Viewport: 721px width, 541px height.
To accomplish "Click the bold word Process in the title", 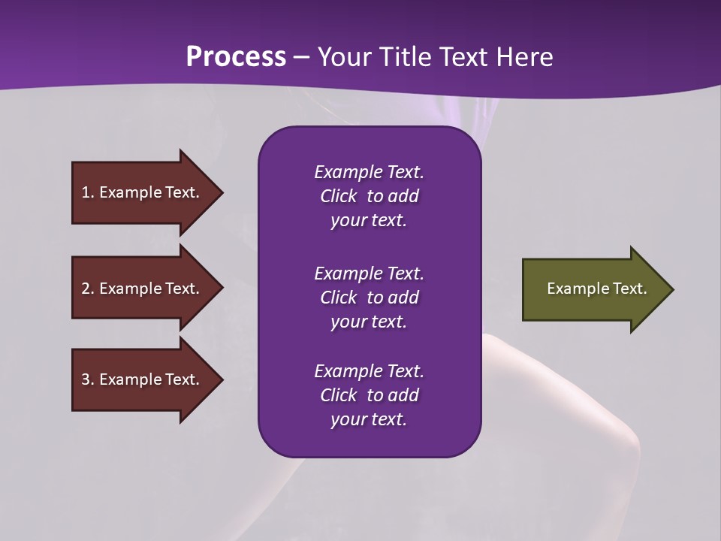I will point(236,57).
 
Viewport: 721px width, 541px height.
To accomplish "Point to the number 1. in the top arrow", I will point(88,192).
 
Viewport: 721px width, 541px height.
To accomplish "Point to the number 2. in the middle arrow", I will point(88,289).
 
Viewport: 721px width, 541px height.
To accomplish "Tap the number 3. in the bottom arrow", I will point(88,379).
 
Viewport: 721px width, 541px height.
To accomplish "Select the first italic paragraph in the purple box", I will point(369,196).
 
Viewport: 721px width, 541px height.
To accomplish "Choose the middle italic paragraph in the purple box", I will point(369,297).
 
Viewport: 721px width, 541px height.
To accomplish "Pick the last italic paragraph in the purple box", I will point(369,395).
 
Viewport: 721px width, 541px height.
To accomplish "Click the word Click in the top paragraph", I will point(338,196).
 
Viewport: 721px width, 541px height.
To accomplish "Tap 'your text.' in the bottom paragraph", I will point(369,419).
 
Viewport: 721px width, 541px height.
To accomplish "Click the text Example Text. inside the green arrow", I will point(596,289).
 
